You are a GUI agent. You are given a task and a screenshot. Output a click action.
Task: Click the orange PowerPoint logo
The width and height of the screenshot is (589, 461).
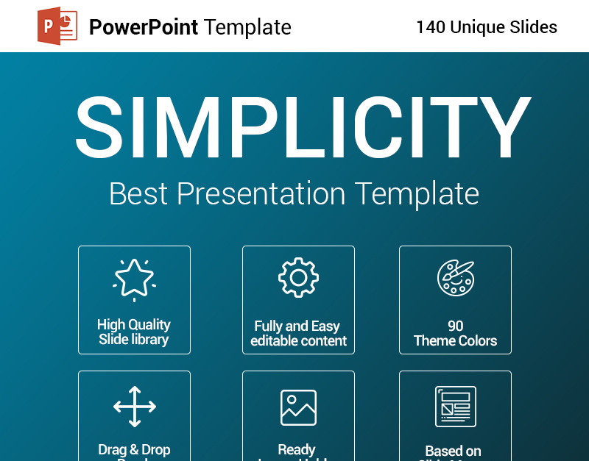pyautogui.click(x=57, y=27)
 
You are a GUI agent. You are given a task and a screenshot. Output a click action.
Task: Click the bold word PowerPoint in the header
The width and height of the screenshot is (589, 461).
pyautogui.click(x=143, y=28)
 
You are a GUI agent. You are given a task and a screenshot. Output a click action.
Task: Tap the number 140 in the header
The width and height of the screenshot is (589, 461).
pyautogui.click(x=431, y=28)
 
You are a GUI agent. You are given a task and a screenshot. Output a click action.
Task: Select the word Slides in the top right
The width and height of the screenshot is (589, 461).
pyautogui.click(x=532, y=28)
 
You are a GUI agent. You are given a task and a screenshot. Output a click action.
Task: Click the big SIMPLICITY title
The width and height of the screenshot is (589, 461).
pyautogui.click(x=302, y=127)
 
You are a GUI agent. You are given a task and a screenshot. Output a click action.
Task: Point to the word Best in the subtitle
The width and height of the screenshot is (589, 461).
pyautogui.click(x=139, y=194)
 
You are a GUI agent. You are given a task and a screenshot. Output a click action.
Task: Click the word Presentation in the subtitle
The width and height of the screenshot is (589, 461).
pyautogui.click(x=261, y=194)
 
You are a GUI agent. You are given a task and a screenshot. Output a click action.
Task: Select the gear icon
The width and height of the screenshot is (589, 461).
pyautogui.click(x=298, y=278)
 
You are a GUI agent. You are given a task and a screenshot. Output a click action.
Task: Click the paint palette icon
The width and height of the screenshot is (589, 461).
pyautogui.click(x=455, y=278)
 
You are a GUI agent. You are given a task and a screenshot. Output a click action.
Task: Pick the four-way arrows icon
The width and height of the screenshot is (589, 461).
pyautogui.click(x=134, y=406)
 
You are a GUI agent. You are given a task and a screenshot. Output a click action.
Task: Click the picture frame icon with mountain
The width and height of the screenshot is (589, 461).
pyautogui.click(x=298, y=407)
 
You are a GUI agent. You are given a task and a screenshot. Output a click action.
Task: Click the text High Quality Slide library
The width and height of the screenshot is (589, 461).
pyautogui.click(x=134, y=332)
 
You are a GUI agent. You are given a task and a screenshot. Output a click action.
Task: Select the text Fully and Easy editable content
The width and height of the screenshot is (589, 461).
pyautogui.click(x=298, y=334)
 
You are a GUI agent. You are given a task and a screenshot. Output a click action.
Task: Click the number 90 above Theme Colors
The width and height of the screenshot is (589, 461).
pyautogui.click(x=455, y=326)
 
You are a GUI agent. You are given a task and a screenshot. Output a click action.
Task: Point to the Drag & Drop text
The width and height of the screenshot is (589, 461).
pyautogui.click(x=134, y=449)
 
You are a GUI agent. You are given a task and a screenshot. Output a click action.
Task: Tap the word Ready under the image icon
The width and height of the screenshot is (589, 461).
pyautogui.click(x=297, y=449)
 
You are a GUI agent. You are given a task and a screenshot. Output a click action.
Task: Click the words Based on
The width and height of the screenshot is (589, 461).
pyautogui.click(x=454, y=451)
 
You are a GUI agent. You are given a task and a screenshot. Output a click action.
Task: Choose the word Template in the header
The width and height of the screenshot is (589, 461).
pyautogui.click(x=248, y=28)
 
